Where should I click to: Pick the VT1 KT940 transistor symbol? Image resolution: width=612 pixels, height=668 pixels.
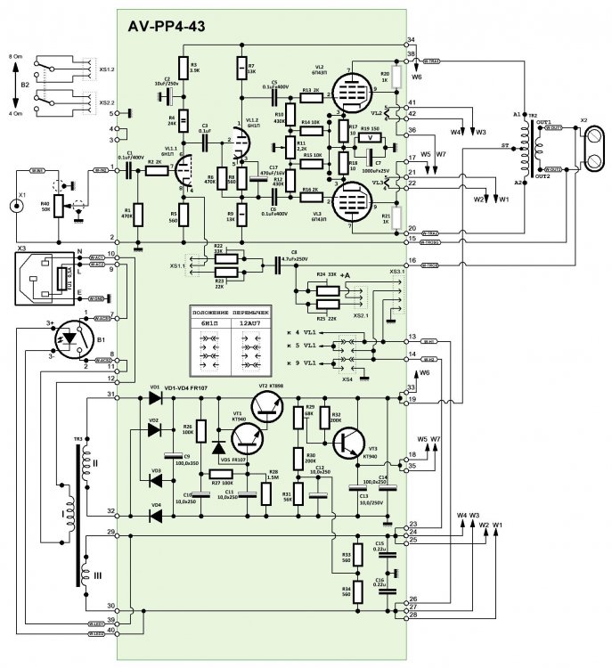[x=248, y=439]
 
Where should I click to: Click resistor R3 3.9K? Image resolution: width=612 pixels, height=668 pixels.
[x=183, y=69]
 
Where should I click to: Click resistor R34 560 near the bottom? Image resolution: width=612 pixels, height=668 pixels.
[x=356, y=591]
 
